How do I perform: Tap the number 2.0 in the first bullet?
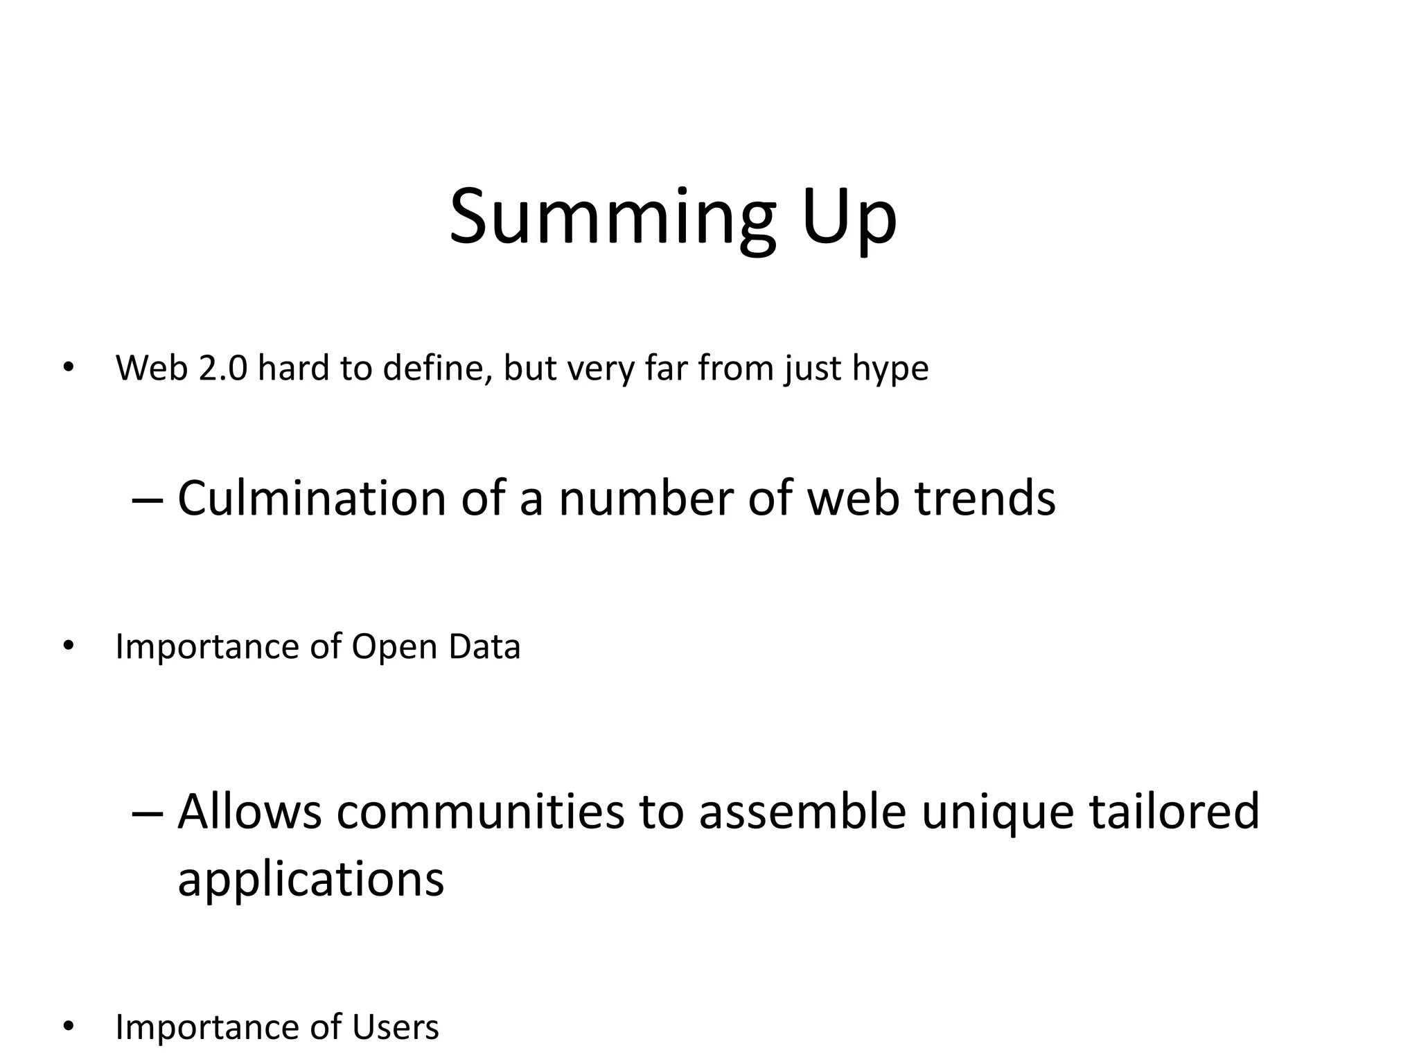[x=222, y=368]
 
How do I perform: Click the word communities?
[x=480, y=811]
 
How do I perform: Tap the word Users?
[x=396, y=1027]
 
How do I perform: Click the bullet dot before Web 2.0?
[x=67, y=369]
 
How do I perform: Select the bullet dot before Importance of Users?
[x=67, y=1027]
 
